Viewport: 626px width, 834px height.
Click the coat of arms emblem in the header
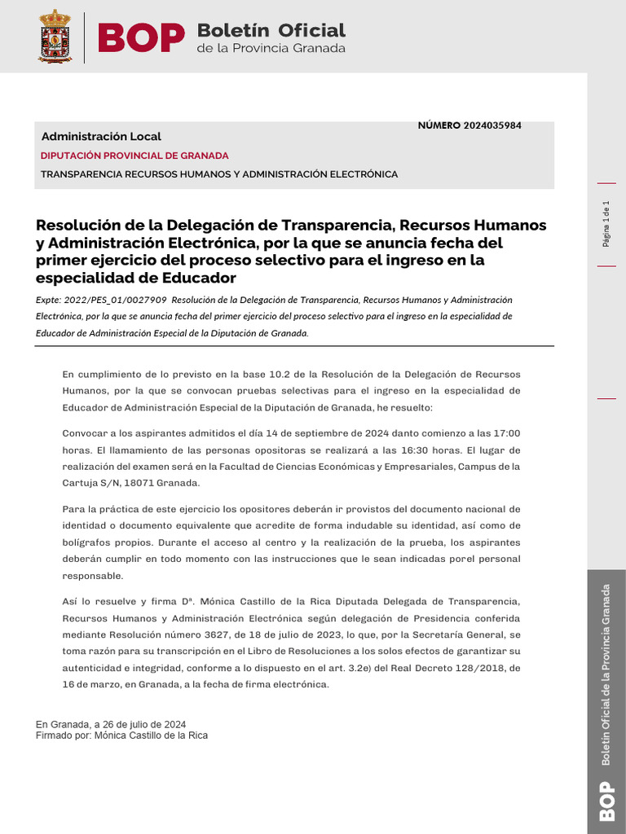pos(55,36)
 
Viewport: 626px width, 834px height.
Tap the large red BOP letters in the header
pos(141,37)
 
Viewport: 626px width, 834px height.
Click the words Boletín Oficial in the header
pos(271,30)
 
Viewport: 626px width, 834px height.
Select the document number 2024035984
pos(492,125)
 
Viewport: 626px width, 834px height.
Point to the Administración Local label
pos(101,137)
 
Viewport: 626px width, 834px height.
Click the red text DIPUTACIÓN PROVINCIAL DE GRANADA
pos(134,156)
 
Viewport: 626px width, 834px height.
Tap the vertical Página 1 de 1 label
pos(606,224)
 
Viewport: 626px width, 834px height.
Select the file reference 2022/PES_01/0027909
pos(115,300)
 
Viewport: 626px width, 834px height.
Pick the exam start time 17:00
pos(506,432)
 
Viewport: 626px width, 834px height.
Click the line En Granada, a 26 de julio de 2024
pos(111,724)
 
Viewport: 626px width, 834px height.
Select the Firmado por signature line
pos(121,735)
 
